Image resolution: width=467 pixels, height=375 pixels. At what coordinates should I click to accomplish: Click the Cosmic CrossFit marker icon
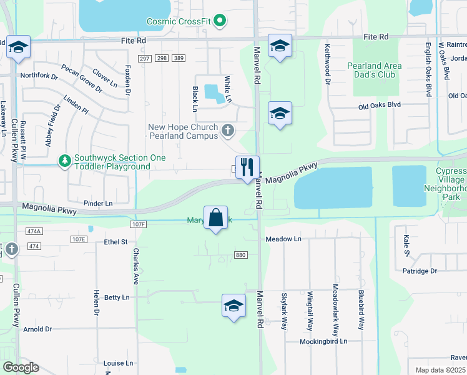click(x=219, y=22)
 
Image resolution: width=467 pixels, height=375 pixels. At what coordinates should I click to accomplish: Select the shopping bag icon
click(x=215, y=218)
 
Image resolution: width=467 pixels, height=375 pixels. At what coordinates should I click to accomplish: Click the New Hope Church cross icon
click(x=228, y=131)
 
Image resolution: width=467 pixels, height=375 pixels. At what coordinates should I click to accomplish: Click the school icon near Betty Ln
click(x=234, y=306)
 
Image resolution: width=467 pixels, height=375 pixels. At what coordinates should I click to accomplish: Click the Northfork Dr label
click(x=39, y=76)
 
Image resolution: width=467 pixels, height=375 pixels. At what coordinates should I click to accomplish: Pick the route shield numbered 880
click(x=241, y=254)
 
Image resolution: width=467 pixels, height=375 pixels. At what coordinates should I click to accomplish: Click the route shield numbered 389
click(x=179, y=58)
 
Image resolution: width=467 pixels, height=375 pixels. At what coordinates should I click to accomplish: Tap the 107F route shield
click(x=139, y=224)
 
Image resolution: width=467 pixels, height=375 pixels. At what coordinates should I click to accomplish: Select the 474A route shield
click(x=34, y=231)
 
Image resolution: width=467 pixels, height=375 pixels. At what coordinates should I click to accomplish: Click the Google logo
click(x=21, y=367)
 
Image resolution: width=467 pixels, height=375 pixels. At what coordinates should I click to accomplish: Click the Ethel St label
click(x=116, y=242)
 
